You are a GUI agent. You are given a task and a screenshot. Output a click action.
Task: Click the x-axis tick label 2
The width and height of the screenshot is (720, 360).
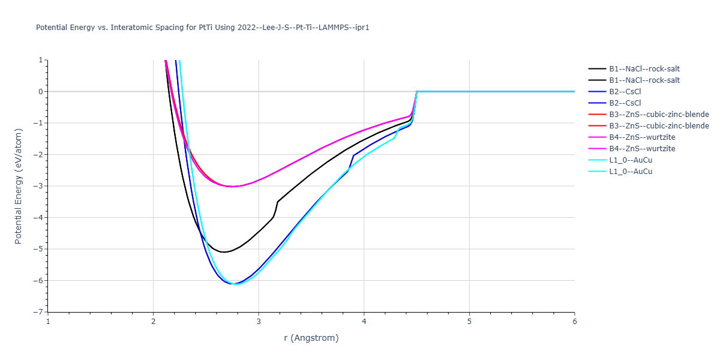click(154, 322)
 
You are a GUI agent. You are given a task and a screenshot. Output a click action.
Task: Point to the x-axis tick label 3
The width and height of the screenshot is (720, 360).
click(259, 322)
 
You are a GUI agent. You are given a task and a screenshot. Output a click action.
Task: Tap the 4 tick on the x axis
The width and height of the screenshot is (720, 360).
click(364, 322)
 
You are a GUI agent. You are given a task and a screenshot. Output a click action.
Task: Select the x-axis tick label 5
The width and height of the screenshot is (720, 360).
click(469, 322)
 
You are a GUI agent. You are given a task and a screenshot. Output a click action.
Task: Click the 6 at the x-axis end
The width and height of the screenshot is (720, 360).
click(575, 322)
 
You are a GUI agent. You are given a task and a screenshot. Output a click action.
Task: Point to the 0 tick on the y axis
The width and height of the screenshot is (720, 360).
click(41, 92)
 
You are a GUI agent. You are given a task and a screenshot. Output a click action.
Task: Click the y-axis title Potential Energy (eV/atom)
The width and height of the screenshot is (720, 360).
click(18, 186)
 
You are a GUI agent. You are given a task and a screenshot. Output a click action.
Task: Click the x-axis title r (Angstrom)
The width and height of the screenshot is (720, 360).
click(311, 338)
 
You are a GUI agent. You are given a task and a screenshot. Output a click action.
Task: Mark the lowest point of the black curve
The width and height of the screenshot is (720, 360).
click(224, 252)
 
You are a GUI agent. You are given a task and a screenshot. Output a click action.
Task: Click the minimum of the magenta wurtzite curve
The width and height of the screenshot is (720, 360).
click(232, 187)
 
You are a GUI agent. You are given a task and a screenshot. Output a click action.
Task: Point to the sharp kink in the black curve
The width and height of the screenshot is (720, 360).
click(277, 202)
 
